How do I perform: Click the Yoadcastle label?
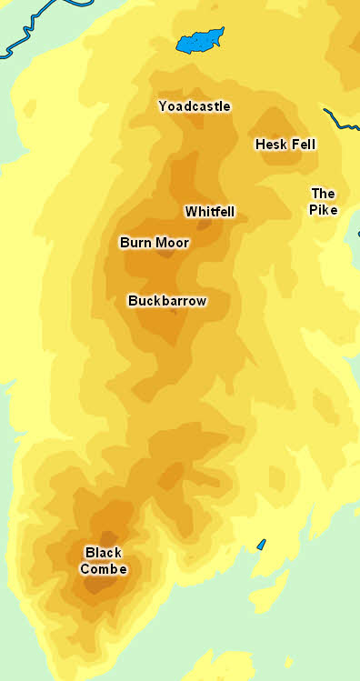tap(194, 106)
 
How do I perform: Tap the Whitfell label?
tap(210, 212)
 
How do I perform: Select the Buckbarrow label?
tap(167, 301)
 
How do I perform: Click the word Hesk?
tap(271, 145)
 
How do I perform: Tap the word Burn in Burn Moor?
tap(135, 243)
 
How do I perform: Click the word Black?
tap(103, 553)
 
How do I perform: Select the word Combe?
tap(103, 569)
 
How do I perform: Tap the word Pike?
tap(323, 210)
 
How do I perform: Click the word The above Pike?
tap(323, 194)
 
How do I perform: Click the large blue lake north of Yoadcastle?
tap(200, 42)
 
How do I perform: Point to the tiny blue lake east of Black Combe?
tap(261, 545)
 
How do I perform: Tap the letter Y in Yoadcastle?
tap(163, 106)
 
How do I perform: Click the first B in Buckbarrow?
tap(133, 301)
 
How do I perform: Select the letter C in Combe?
tap(85, 569)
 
